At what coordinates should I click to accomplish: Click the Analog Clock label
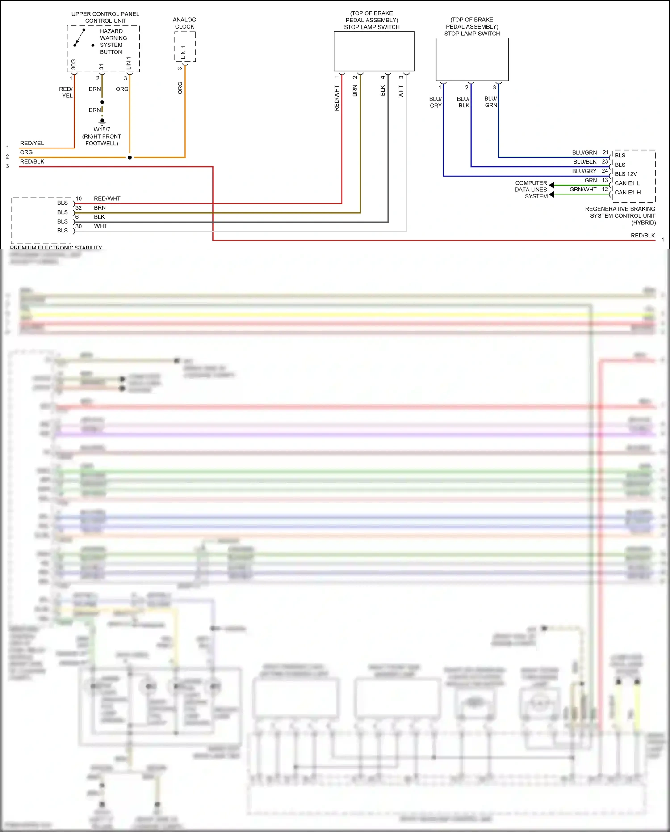184,23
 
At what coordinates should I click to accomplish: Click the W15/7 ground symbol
102,121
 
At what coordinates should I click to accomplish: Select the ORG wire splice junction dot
130,157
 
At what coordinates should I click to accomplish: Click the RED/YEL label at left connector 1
32,143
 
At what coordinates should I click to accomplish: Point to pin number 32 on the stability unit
79,208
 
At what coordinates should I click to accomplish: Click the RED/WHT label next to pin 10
107,198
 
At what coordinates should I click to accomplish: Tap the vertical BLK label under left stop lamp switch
382,91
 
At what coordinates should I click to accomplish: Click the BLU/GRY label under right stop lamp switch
435,102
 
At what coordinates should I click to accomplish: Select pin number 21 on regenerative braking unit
605,152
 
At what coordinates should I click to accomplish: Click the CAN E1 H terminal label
627,193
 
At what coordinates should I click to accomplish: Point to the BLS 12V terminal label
625,174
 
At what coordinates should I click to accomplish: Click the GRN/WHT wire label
582,190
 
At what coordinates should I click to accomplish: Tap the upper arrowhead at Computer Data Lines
552,185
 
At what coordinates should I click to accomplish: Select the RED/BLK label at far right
642,236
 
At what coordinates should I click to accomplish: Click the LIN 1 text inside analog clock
183,52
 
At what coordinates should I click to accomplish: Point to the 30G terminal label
74,64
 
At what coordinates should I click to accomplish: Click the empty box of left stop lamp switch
374,51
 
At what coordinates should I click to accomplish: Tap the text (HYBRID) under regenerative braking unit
643,223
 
